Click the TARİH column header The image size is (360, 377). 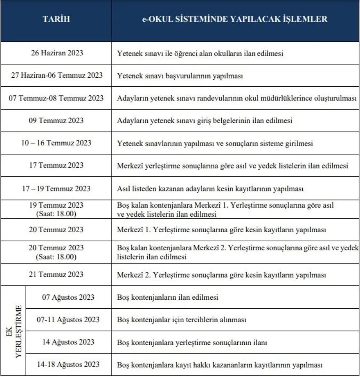tap(56, 19)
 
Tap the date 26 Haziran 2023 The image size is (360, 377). tap(56, 53)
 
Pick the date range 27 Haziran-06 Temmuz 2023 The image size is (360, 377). tap(56, 75)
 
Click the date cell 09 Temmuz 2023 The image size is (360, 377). tap(56, 120)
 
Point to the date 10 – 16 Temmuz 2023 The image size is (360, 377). tap(56, 143)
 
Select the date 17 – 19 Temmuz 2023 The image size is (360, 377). tap(56, 188)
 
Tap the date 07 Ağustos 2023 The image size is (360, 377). tap(68, 297)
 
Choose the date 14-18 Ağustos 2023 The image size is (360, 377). tap(68, 364)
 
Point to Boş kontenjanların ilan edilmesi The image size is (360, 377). tap(168, 297)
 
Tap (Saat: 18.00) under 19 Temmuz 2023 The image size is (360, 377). tap(56, 214)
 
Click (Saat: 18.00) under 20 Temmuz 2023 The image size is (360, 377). tap(56, 257)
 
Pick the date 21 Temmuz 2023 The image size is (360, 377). tap(56, 274)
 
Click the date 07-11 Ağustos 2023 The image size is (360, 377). tap(68, 319)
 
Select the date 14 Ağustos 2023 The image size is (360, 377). tap(68, 342)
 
